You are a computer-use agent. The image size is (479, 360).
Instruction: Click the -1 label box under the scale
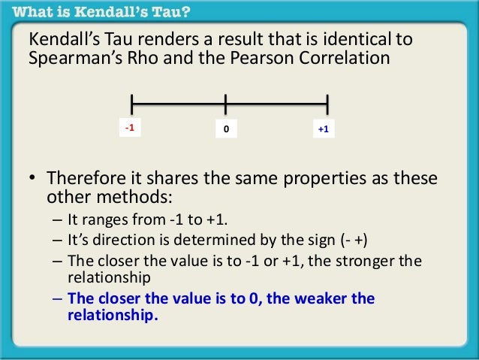click(130, 129)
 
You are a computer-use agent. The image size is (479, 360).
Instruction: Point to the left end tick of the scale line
click(131, 104)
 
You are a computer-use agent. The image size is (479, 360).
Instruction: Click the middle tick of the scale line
click(225, 104)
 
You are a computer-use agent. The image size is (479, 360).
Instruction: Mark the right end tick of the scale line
click(328, 104)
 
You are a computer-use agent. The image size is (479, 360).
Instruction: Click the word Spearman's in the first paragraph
click(73, 59)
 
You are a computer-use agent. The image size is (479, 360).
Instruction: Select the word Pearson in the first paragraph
click(263, 59)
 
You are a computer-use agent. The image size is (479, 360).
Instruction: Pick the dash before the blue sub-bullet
click(59, 298)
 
